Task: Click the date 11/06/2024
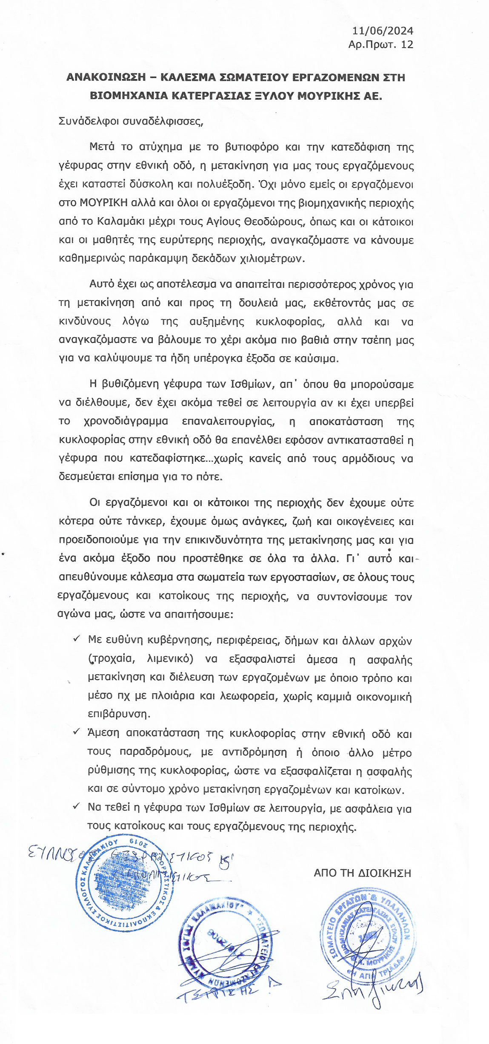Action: pos(383,31)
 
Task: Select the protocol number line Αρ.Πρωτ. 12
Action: pos(380,45)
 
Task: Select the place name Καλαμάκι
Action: pos(120,221)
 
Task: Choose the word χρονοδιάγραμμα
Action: pos(126,421)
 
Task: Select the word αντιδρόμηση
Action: pos(254,752)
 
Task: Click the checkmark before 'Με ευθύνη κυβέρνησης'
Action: pos(77,639)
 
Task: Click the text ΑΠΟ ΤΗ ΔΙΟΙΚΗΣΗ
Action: pos(362,873)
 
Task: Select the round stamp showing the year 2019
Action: pos(125,883)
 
